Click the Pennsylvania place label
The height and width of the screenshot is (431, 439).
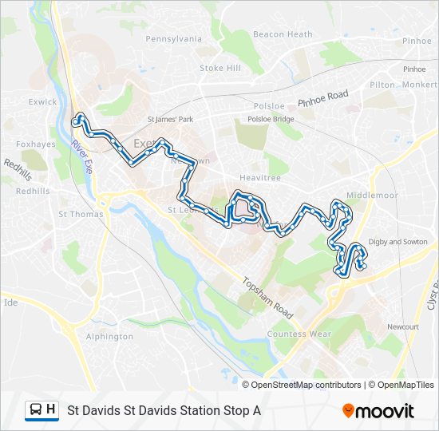174,38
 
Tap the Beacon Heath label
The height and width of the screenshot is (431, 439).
283,34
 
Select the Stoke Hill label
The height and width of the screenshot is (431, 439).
219,69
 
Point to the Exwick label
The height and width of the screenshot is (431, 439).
42,102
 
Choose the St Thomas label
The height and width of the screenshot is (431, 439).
81,214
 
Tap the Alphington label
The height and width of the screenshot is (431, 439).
109,337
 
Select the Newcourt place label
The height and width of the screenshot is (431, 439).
402,327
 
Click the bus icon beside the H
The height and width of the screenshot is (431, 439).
36,410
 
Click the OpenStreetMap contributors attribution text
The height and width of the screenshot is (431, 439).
307,385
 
